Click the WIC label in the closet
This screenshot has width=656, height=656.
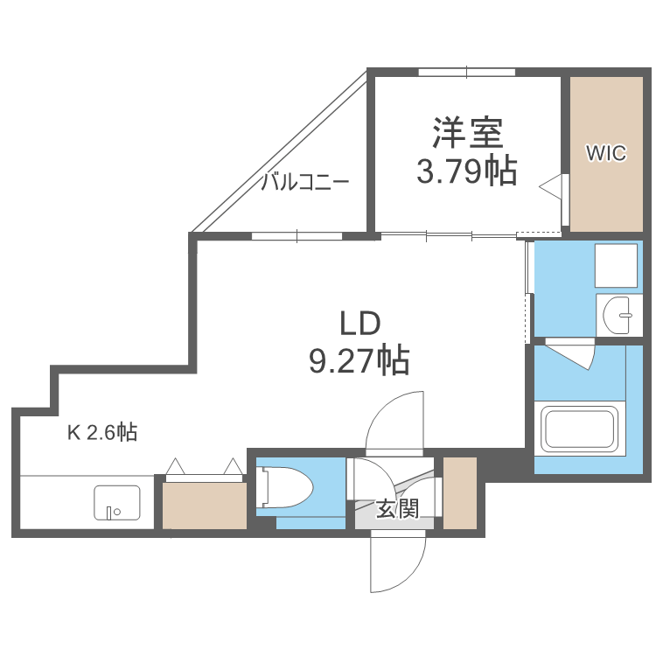point(605,154)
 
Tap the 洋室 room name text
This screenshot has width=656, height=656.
point(466,134)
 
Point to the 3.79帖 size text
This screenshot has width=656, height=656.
point(466,171)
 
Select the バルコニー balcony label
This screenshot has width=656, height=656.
point(305,182)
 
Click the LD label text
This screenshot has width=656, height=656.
point(359,324)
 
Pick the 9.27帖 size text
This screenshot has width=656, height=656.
point(359,359)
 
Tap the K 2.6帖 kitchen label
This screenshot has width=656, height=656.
point(102,432)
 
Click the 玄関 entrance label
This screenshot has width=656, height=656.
point(397,509)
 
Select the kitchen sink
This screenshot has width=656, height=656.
point(116,503)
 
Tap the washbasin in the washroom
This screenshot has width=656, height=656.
point(620,314)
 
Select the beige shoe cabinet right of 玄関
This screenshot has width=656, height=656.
point(460,492)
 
